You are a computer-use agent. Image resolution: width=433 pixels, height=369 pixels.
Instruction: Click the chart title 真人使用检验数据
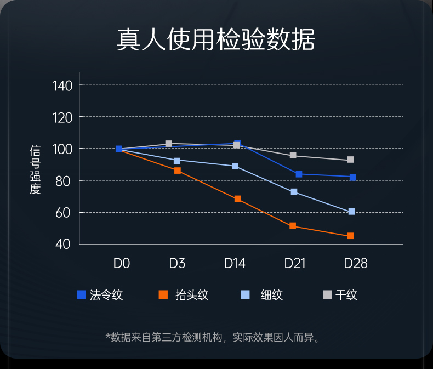coord(216,40)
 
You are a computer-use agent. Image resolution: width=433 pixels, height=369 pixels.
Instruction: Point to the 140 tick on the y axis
coord(62,86)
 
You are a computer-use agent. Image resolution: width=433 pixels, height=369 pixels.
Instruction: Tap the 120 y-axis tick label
coord(62,117)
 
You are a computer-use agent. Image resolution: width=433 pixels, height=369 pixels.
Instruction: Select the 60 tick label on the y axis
coord(64,213)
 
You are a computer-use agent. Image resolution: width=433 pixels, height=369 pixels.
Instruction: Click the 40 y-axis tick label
coord(64,245)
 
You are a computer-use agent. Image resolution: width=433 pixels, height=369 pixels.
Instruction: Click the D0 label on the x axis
coord(121,264)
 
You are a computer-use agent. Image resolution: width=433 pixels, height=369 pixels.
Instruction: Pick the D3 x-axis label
coord(177,264)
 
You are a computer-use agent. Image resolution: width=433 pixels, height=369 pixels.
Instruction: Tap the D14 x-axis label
coord(235,264)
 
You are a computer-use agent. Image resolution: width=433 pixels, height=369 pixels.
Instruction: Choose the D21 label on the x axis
coord(294,264)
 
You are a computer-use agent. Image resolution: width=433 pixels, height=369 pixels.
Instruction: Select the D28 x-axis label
coord(355,264)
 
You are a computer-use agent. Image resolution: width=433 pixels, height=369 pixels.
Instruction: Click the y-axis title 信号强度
coord(36,170)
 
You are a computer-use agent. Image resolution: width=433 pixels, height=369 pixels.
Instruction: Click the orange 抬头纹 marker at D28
coord(350,236)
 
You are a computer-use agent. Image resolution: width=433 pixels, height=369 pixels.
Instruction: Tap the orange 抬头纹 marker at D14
coord(237,198)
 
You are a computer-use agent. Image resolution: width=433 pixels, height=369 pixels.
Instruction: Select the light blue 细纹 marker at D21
coord(294,192)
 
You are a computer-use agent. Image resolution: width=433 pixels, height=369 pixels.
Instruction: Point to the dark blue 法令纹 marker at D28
coord(352,177)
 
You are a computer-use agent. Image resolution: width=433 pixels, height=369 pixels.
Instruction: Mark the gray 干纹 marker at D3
coord(169,144)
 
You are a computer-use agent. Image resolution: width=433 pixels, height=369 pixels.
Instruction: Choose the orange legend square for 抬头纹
coord(163,295)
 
